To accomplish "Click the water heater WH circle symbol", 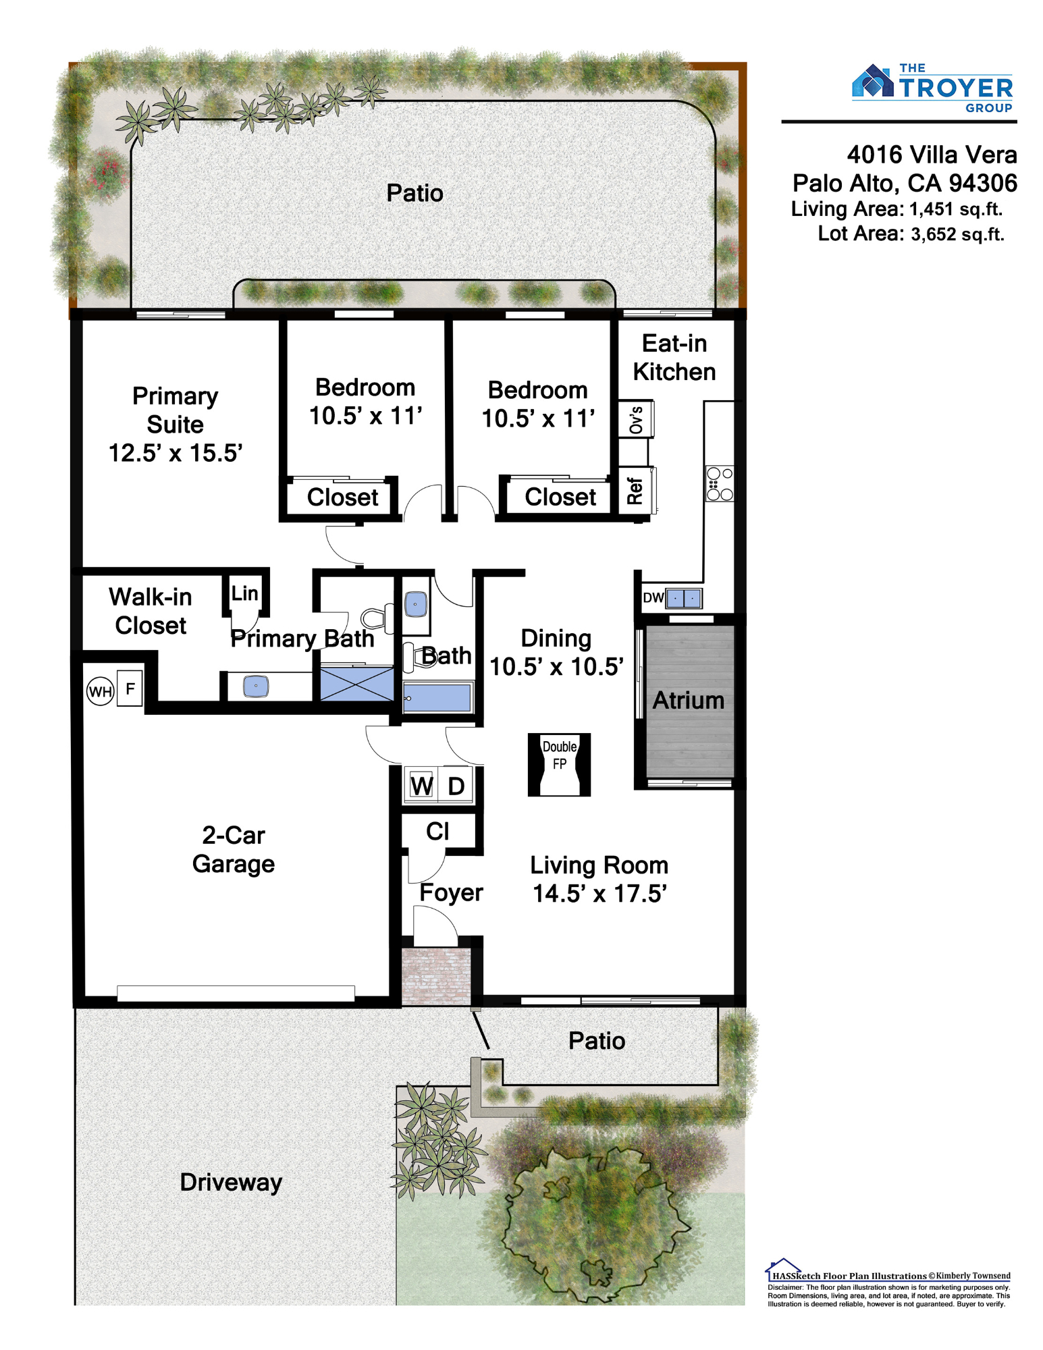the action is pos(100,691).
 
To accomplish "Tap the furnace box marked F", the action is pos(130,688).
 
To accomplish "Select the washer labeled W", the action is pos(421,786).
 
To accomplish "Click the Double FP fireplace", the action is pos(559,765).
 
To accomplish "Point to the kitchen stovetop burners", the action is pos(720,483).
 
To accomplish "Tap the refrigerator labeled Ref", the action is pos(636,491).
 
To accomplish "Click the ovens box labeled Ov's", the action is pos(636,418).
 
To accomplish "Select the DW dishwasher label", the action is pos(653,598).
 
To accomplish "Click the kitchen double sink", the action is pos(684,598).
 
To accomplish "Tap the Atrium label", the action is pos(689,701).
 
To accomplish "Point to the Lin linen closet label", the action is pos(244,593).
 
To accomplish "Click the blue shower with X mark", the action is pos(356,683).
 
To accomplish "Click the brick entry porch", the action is pos(436,976).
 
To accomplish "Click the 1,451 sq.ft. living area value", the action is pos(956,209).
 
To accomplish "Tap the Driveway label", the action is pos(231,1183).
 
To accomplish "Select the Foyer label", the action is pos(451,893).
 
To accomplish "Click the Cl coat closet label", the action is pos(437,831).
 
